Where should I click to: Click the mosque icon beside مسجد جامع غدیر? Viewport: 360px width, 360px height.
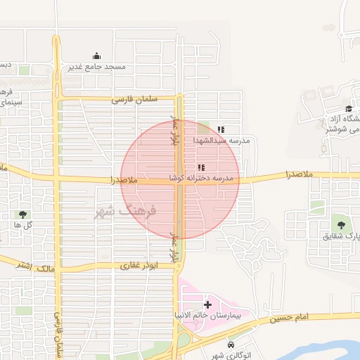[96, 56]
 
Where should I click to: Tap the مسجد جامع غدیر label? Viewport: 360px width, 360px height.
[96, 67]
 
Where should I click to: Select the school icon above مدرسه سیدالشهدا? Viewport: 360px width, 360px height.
[221, 129]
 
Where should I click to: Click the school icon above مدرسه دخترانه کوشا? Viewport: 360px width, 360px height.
[201, 167]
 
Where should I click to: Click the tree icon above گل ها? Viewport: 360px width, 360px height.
[23, 214]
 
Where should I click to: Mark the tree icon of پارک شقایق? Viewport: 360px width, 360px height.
[340, 225]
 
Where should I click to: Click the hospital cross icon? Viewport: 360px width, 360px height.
[207, 304]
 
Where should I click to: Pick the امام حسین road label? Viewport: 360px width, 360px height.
[292, 319]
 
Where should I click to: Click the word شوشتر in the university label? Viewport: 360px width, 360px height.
[344, 129]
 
